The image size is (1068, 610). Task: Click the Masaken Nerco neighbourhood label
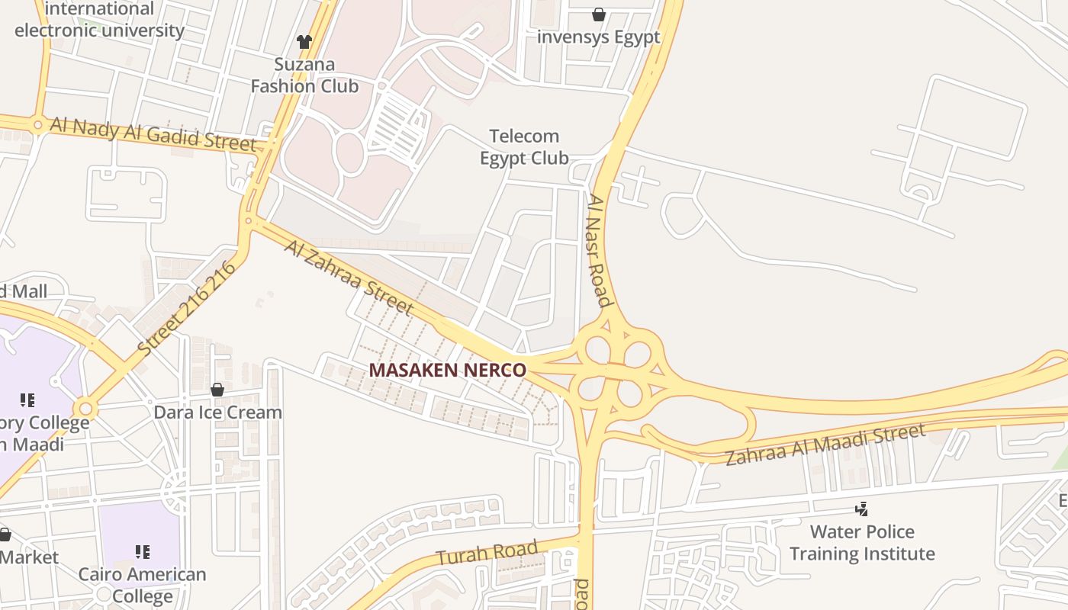pyautogui.click(x=448, y=371)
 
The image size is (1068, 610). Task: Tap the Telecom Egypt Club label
pyautogui.click(x=524, y=147)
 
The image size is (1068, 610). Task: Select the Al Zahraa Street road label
pyautogui.click(x=349, y=277)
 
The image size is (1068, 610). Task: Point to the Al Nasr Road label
pyautogui.click(x=600, y=250)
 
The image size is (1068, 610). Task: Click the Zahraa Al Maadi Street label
pyautogui.click(x=825, y=445)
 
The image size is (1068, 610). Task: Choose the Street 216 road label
pyautogui.click(x=184, y=309)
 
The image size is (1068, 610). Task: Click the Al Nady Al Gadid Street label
pyautogui.click(x=153, y=133)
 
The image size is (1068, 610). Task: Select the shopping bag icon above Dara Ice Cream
pyautogui.click(x=217, y=390)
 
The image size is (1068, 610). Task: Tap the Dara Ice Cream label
pyautogui.click(x=217, y=413)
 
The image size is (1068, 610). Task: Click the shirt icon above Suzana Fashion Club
pyautogui.click(x=304, y=42)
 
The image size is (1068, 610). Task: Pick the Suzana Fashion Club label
pyautogui.click(x=304, y=75)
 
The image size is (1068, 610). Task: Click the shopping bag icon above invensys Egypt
pyautogui.click(x=599, y=14)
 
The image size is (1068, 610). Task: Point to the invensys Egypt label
pyautogui.click(x=599, y=37)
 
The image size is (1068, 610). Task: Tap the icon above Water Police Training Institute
pyautogui.click(x=862, y=509)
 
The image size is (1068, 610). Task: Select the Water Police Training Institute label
pyautogui.click(x=862, y=542)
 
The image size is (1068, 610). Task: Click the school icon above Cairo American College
pyautogui.click(x=143, y=551)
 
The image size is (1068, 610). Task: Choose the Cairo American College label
pyautogui.click(x=143, y=585)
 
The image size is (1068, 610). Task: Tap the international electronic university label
pyautogui.click(x=99, y=20)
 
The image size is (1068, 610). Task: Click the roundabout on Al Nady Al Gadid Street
pyautogui.click(x=37, y=124)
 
